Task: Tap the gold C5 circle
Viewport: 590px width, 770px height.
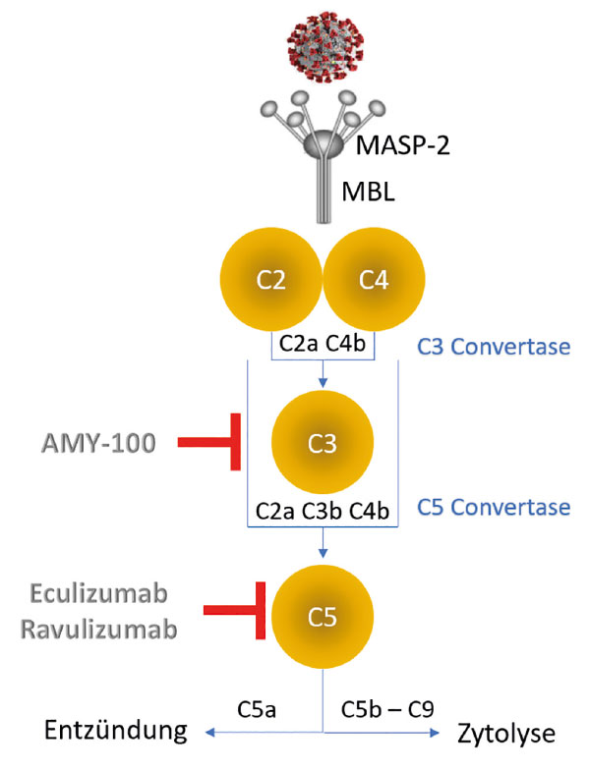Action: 323,617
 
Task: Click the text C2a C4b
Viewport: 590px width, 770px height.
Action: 324,345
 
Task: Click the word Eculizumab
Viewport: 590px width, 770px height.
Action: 104,596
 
